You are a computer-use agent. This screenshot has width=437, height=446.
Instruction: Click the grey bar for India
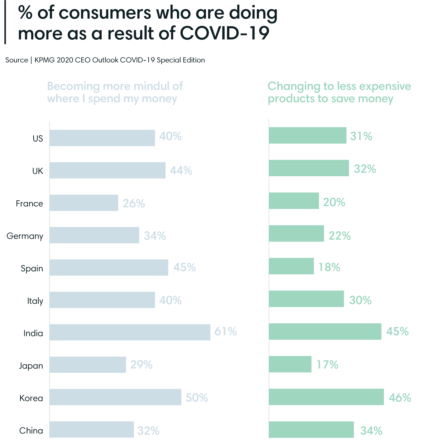(130, 332)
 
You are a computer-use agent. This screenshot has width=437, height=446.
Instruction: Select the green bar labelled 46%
(326, 397)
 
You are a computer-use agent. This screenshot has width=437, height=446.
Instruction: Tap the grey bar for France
(84, 203)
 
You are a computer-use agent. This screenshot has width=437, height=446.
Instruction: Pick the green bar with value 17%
(290, 364)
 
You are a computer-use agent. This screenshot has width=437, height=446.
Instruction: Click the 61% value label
(225, 332)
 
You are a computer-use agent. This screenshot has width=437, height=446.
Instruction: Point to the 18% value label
(329, 267)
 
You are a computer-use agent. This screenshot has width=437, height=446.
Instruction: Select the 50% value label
(197, 398)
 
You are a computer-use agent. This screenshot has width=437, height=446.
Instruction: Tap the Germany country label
(25, 236)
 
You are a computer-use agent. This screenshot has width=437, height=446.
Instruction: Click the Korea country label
(31, 398)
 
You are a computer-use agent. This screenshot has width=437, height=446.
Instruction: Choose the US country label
(38, 138)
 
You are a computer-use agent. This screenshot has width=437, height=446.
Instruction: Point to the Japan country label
(31, 366)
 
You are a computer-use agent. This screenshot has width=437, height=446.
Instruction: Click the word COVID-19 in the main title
(224, 33)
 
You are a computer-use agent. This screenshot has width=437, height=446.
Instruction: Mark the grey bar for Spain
(109, 268)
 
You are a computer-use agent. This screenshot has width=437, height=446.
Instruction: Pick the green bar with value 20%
(294, 201)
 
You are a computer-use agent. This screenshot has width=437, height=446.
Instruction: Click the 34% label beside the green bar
(371, 431)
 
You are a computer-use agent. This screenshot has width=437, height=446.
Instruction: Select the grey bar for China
(92, 430)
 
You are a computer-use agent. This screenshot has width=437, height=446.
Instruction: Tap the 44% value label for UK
(181, 171)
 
